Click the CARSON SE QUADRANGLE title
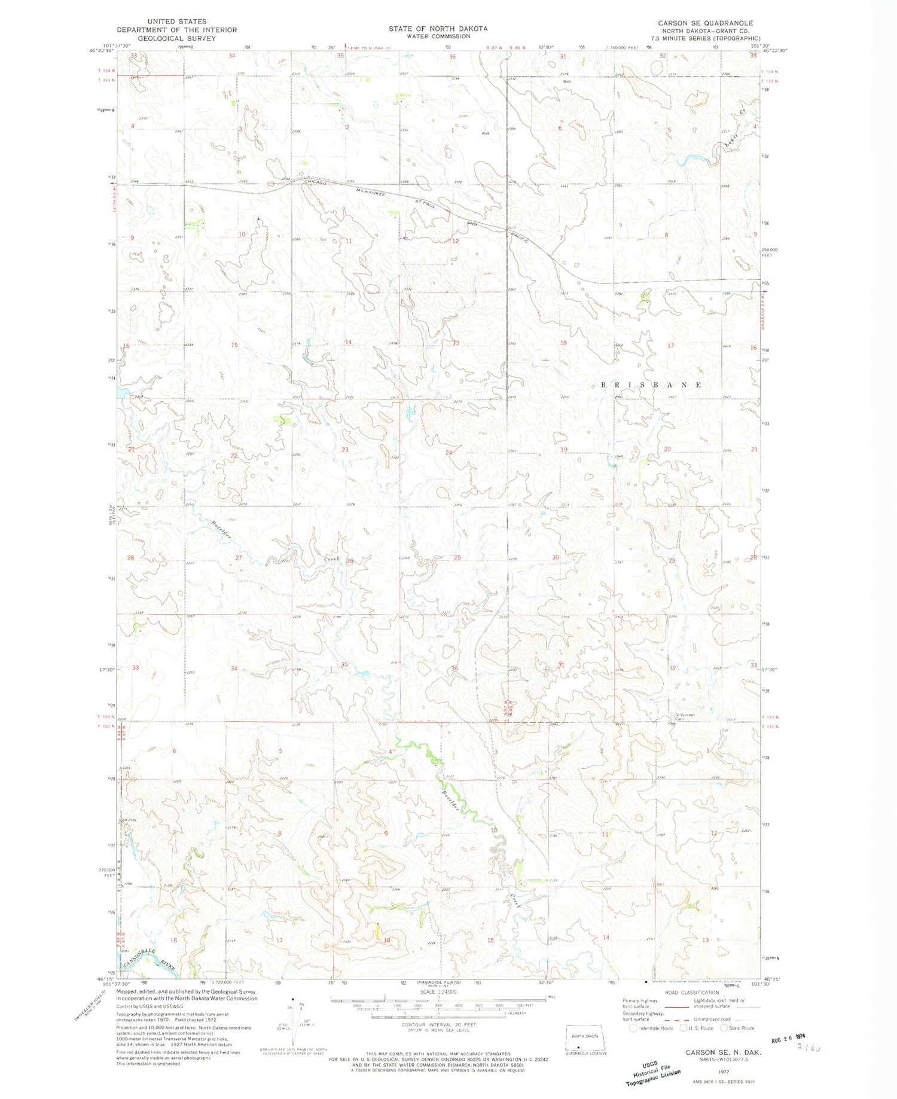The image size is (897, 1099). [705, 23]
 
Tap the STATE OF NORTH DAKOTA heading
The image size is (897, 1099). [438, 29]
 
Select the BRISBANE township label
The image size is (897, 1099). [651, 385]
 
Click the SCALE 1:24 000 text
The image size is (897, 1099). [438, 992]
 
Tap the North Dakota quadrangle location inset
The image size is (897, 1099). [584, 1040]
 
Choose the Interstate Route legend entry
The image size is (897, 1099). [651, 1028]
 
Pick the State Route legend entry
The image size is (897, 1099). [737, 1028]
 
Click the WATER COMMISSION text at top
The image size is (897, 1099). [438, 36]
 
